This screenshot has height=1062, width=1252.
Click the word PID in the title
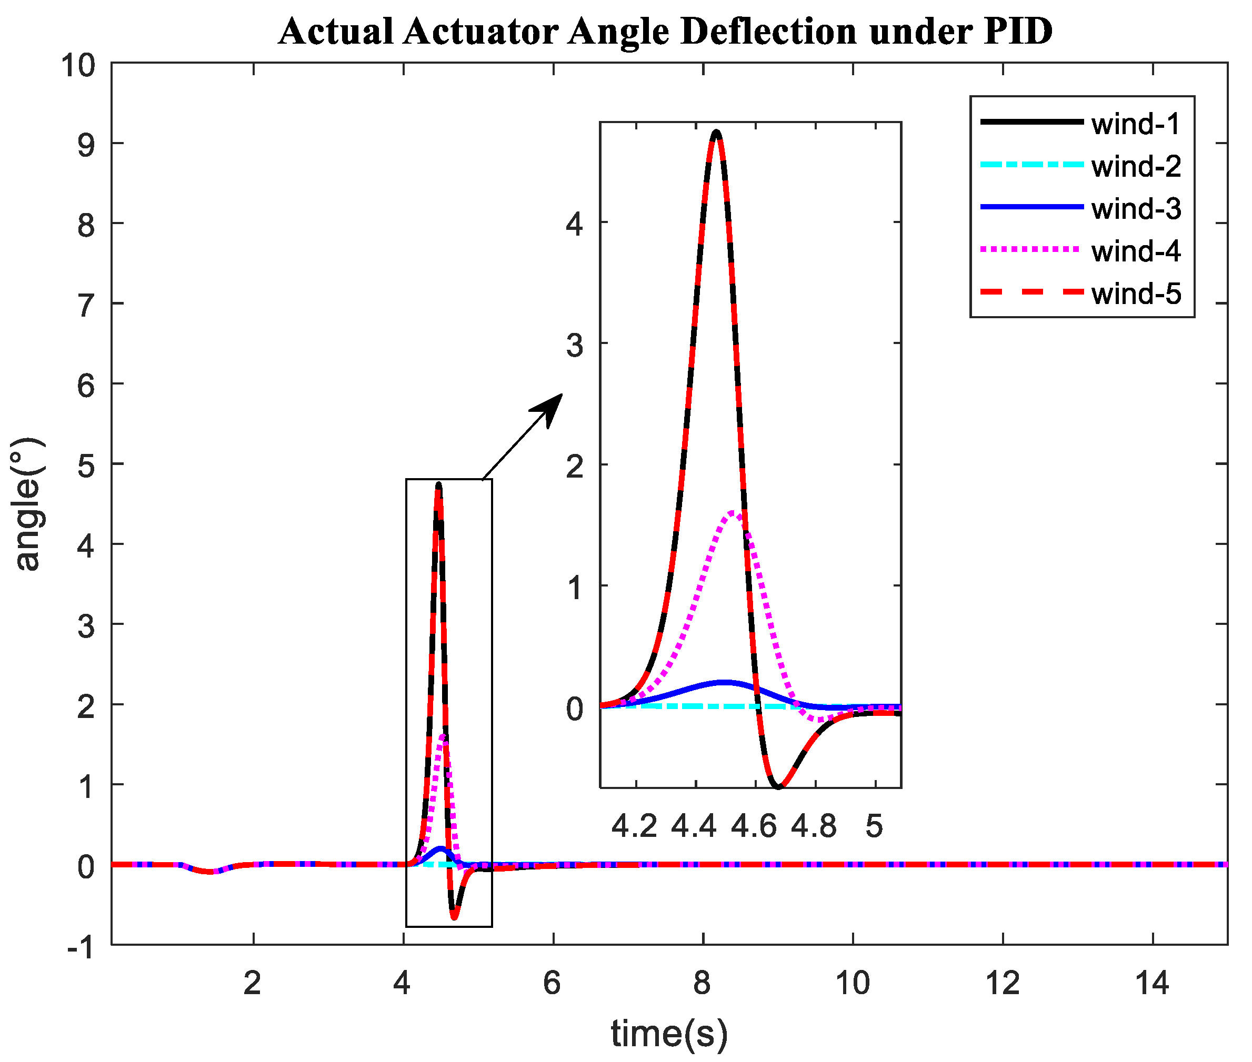1017,32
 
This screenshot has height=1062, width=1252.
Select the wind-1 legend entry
1135,124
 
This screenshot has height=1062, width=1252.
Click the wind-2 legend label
1135,167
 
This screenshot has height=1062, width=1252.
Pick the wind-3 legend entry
1135,209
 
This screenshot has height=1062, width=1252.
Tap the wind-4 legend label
1135,251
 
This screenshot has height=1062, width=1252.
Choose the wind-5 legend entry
1135,294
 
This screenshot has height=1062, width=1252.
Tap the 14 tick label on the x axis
1151,984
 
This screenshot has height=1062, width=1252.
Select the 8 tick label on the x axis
702,984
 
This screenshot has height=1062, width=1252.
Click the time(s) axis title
669,1033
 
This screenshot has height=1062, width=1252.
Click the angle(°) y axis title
26,504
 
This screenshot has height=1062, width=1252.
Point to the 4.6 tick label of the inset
754,826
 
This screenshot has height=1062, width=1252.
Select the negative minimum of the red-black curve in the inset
778,786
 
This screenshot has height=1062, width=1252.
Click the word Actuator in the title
480,32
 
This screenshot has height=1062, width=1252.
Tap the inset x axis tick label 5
874,826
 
